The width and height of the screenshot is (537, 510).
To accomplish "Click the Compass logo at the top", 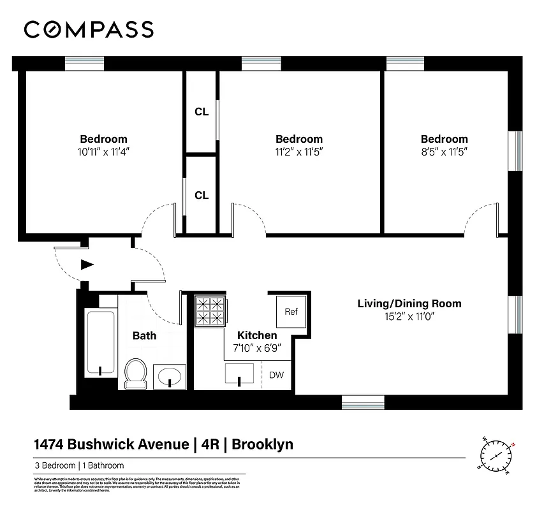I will tap(89, 29).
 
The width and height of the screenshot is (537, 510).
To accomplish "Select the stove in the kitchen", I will tap(210, 310).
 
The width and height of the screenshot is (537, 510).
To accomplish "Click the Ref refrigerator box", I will tap(291, 312).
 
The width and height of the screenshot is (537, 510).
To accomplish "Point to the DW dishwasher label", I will tap(276, 375).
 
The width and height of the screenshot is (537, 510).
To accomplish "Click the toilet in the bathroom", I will tap(135, 373).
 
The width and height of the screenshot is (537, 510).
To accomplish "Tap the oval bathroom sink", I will tap(170, 375).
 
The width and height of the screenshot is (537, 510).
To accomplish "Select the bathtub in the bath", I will tap(101, 344).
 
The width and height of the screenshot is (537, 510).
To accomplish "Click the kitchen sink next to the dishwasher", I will tap(240, 374).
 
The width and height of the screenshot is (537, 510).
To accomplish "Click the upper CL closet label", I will tap(202, 112).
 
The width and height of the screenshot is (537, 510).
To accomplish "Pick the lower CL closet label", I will tap(202, 195).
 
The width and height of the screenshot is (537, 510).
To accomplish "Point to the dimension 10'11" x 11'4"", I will tap(103, 152).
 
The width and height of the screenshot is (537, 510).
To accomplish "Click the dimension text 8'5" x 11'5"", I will tap(444, 152).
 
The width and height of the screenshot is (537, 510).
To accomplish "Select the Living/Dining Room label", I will tap(409, 303).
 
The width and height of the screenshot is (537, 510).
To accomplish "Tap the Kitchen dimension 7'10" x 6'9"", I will tap(257, 348).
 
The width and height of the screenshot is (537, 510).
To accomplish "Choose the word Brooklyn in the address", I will tap(262, 444).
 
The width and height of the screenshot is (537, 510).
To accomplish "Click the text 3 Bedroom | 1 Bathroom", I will tap(79, 465).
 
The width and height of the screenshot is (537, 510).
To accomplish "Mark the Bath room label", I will tap(144, 335).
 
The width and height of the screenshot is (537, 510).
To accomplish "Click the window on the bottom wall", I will tap(363, 402).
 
